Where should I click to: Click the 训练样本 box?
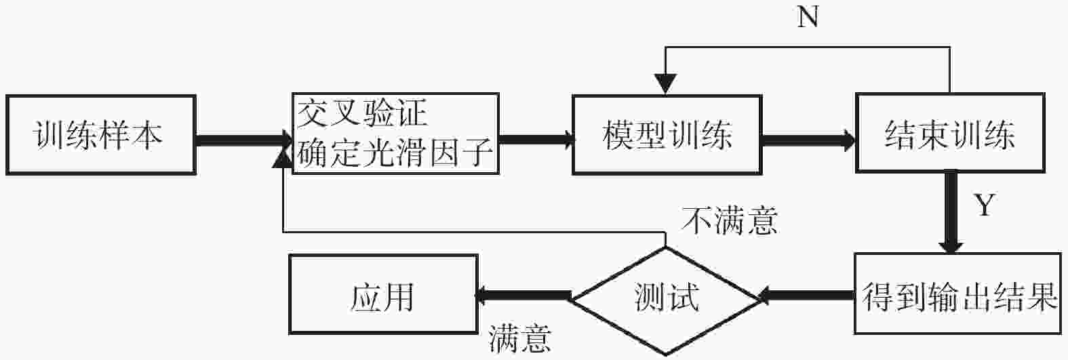[100, 135]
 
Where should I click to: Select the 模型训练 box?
[667, 135]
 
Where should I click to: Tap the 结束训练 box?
[951, 133]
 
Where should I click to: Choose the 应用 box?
[383, 294]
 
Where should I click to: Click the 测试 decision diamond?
[666, 301]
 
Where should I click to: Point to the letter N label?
[808, 17]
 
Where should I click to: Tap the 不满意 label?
[730, 221]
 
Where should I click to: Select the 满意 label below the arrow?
[520, 338]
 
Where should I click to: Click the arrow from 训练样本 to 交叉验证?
[244, 140]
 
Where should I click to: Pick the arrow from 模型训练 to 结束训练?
[808, 140]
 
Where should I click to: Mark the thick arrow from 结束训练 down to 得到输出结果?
[951, 213]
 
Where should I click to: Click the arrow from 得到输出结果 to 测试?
[806, 296]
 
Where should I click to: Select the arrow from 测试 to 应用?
[523, 296]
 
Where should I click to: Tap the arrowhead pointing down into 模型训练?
[666, 84]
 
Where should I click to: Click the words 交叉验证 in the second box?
[362, 113]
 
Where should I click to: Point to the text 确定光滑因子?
[395, 153]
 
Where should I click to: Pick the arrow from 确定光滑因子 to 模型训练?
[536, 140]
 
